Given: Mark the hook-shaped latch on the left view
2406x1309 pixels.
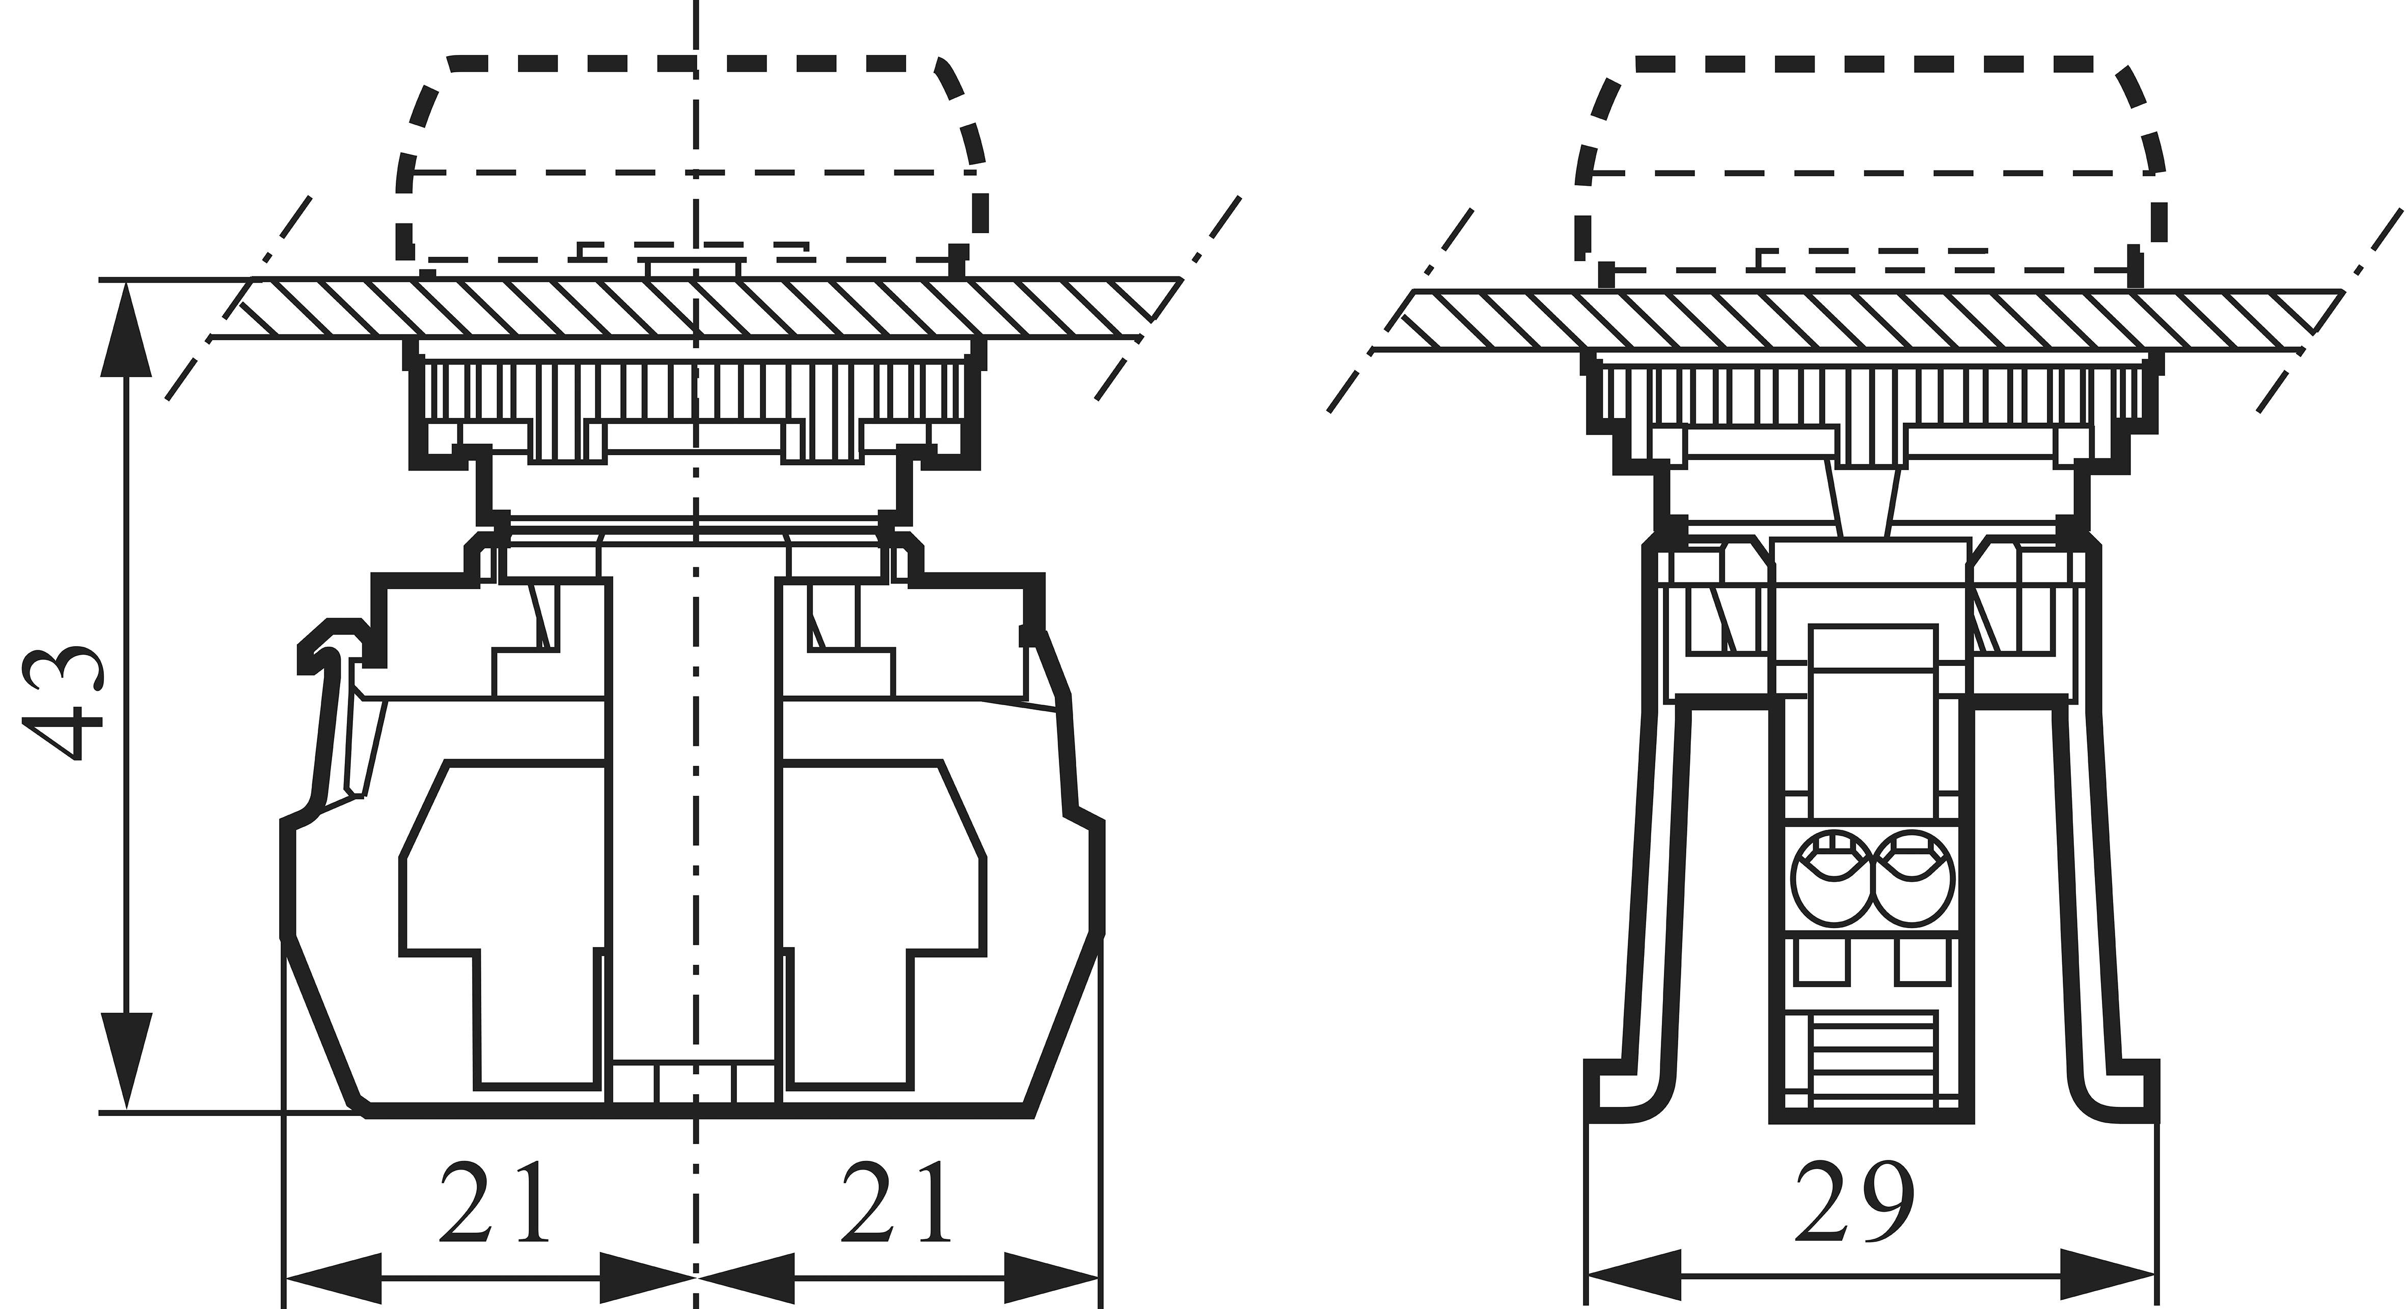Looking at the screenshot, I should pyautogui.click(x=332, y=644).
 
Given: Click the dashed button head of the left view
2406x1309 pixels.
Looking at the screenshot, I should pyautogui.click(x=691, y=159).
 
